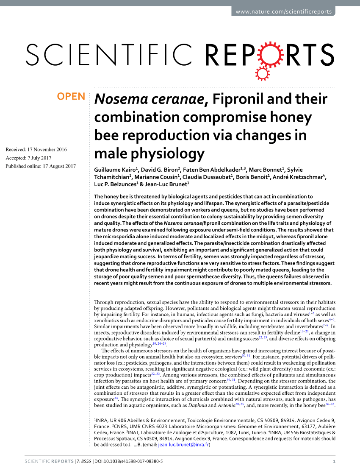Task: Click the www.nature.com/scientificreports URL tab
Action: coord(283,11)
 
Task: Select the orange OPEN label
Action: coord(71,97)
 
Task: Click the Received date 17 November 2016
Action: coord(36,149)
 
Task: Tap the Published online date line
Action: coord(40,166)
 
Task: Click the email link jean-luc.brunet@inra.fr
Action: coord(183,445)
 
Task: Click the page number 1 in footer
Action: coord(334,461)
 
